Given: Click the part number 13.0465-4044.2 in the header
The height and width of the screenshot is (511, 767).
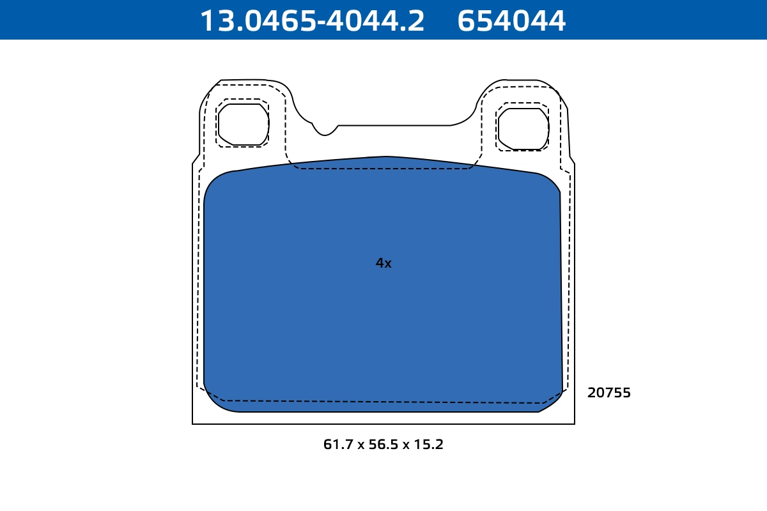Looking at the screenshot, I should [312, 20].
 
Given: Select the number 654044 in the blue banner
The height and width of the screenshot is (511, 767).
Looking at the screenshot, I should [511, 20].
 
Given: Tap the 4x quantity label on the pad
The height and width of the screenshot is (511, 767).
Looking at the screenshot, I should [383, 263].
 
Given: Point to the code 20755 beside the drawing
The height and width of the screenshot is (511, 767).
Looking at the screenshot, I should [608, 393].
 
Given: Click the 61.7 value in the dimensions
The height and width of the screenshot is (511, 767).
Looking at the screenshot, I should [338, 445].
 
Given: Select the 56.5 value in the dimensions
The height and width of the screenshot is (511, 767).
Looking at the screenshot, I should [383, 445].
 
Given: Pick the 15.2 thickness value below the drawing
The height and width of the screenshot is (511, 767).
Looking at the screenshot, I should [429, 445].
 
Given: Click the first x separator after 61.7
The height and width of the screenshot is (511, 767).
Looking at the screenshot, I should [361, 445].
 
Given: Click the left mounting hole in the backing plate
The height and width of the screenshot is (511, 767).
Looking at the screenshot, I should [243, 124].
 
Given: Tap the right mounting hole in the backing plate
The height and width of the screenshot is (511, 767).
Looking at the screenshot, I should [523, 129].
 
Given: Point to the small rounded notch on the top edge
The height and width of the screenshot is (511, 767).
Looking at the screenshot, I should [325, 130].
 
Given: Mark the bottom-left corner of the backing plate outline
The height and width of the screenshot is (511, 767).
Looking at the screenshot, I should [193, 423].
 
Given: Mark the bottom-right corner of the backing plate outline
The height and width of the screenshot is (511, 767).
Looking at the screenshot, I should [574, 423].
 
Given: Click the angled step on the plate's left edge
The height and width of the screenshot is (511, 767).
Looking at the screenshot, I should [196, 159].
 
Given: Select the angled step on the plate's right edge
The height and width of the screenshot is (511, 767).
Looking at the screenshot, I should [572, 159].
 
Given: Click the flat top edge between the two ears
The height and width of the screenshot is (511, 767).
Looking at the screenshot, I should [394, 125].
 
